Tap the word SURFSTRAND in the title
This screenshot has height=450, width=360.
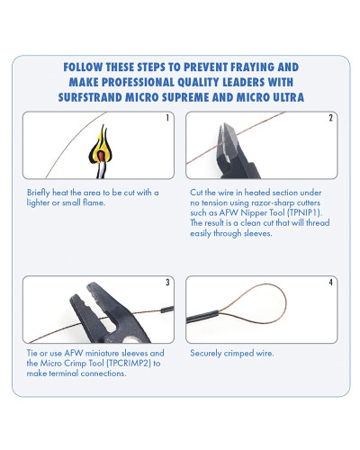click(x=90, y=97)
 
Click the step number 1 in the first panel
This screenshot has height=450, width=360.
click(x=167, y=118)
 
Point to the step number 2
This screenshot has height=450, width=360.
click(x=330, y=118)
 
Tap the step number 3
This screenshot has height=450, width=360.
click(x=167, y=282)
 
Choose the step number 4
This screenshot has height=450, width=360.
click(x=330, y=282)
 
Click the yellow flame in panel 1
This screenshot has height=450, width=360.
click(x=102, y=147)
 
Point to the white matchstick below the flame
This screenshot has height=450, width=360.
click(x=102, y=169)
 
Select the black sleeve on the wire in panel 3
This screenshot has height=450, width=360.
click(x=167, y=310)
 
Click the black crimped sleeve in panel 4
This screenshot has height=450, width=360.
click(x=202, y=317)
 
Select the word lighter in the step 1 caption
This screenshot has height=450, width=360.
click(x=38, y=202)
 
